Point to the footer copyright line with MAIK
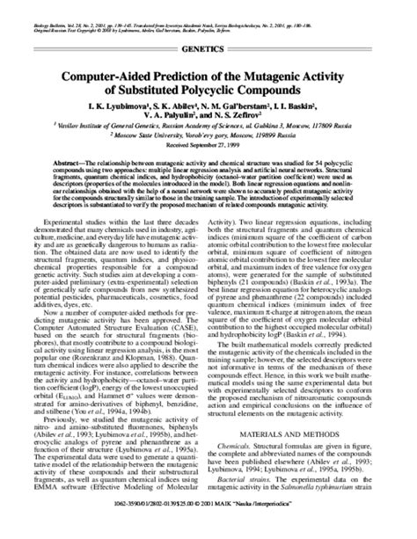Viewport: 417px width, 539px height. tap(208, 529)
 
